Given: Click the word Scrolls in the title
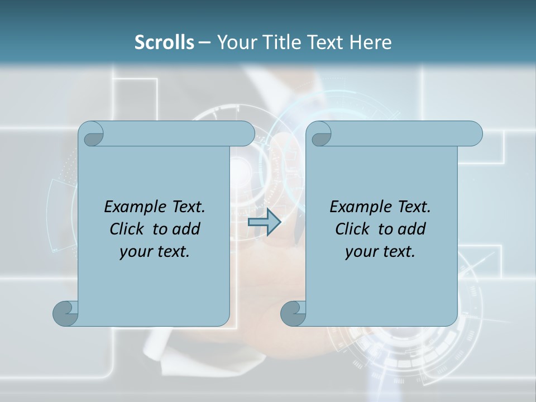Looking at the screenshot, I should (x=164, y=42).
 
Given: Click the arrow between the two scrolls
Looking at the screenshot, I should (x=264, y=222).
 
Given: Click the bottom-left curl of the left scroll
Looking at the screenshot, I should (x=65, y=313).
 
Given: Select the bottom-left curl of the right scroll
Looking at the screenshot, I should (x=293, y=313).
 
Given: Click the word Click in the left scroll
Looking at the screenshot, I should (x=128, y=229).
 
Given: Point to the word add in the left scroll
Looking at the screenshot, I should (x=186, y=229).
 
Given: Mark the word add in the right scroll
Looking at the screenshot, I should (x=412, y=229).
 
